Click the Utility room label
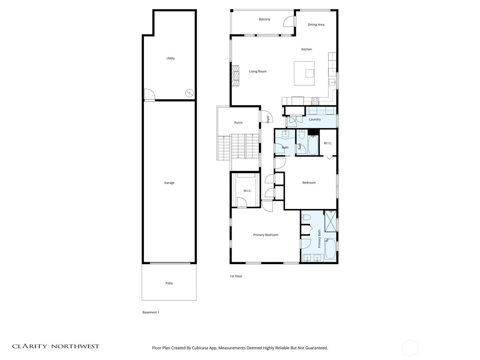click(x=170, y=58)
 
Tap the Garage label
click(x=169, y=183)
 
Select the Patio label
click(x=169, y=283)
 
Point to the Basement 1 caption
click(x=151, y=312)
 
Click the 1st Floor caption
click(x=236, y=276)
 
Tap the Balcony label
click(x=264, y=19)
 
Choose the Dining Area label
click(x=316, y=25)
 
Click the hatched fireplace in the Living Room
click(x=235, y=76)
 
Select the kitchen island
click(x=304, y=73)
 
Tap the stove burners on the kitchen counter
click(x=315, y=101)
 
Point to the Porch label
click(x=238, y=123)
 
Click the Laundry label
click(x=315, y=119)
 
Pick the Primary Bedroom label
click(x=265, y=235)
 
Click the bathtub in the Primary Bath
click(x=330, y=249)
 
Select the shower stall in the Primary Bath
click(x=331, y=221)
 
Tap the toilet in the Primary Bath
click(x=306, y=217)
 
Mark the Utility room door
click(x=149, y=95)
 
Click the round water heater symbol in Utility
click(x=189, y=93)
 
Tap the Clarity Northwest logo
click(x=56, y=346)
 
